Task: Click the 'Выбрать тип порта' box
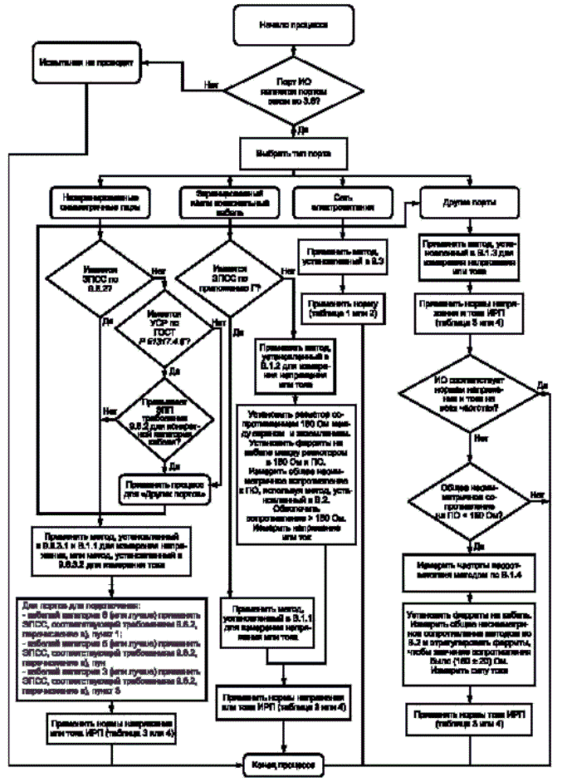tap(287, 152)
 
